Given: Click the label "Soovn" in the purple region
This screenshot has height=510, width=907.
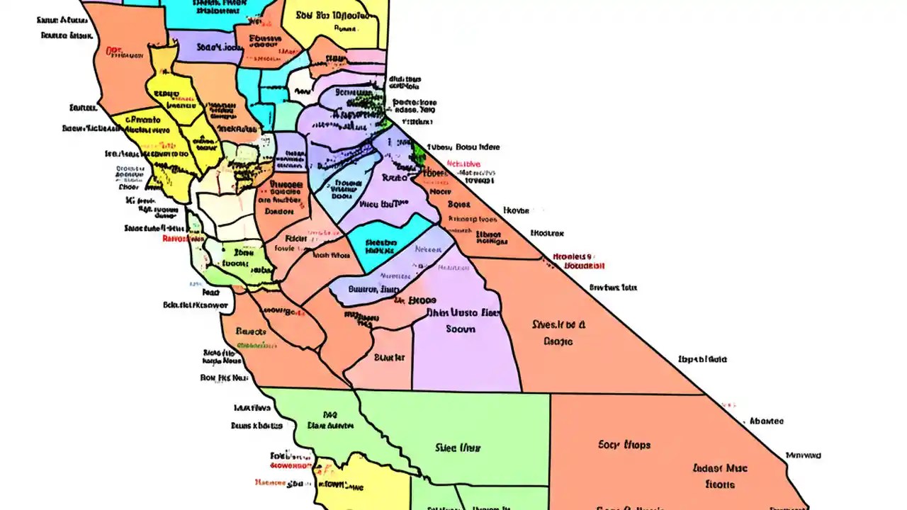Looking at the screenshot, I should pyautogui.click(x=461, y=329).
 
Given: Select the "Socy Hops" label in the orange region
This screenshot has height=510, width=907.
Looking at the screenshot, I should pyautogui.click(x=624, y=445).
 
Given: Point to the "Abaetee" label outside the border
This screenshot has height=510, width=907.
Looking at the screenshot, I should pyautogui.click(x=767, y=421).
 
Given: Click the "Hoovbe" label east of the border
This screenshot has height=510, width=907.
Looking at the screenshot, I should pyautogui.click(x=516, y=210).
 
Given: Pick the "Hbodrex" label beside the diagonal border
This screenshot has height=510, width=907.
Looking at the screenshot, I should pyautogui.click(x=547, y=232).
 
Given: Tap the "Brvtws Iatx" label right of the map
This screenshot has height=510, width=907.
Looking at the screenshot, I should pyautogui.click(x=614, y=288).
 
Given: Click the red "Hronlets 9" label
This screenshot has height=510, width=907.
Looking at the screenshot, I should pyautogui.click(x=572, y=256).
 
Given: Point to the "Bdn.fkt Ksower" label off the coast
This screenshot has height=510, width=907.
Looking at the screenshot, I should pyautogui.click(x=196, y=306).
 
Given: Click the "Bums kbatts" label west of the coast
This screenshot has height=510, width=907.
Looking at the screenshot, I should pyautogui.click(x=257, y=426).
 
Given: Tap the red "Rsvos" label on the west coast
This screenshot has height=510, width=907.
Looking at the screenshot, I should pyautogui.click(x=183, y=239).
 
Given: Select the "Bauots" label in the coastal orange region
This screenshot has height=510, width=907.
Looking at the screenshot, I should pyautogui.click(x=250, y=331).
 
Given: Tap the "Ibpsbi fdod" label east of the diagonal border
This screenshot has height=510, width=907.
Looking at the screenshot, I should pyautogui.click(x=702, y=359).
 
